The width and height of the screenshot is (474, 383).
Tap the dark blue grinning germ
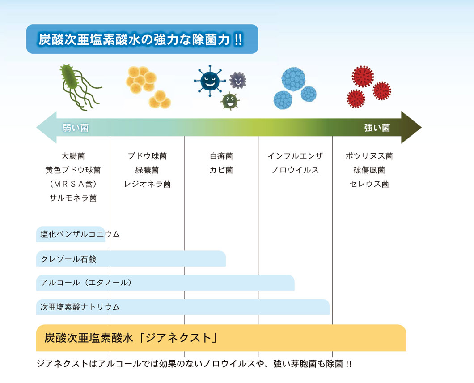tap(210, 81)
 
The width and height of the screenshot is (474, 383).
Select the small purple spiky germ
tap(237, 81)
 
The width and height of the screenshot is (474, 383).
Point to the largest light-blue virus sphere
tap(293, 79)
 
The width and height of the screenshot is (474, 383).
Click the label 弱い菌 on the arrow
tap(76, 128)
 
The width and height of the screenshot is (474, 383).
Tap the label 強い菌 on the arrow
tap(377, 128)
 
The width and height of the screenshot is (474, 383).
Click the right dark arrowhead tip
tap(421, 128)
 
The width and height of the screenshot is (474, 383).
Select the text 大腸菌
tap(73, 156)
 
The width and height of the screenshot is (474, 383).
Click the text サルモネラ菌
tap(73, 198)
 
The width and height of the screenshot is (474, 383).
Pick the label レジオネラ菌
tap(147, 184)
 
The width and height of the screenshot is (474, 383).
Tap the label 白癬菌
tap(221, 156)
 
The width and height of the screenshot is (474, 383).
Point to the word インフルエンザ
tap(295, 156)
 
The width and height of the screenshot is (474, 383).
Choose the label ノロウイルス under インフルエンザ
tap(295, 170)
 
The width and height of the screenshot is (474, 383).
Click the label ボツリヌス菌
tap(369, 156)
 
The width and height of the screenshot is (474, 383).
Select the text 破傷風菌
tap(369, 170)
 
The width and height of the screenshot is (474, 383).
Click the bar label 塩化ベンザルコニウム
tap(80, 234)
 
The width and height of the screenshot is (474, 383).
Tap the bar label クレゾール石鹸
tap(68, 259)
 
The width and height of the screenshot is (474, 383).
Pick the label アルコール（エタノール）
tap(87, 283)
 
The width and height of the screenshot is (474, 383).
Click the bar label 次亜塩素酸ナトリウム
tap(80, 307)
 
